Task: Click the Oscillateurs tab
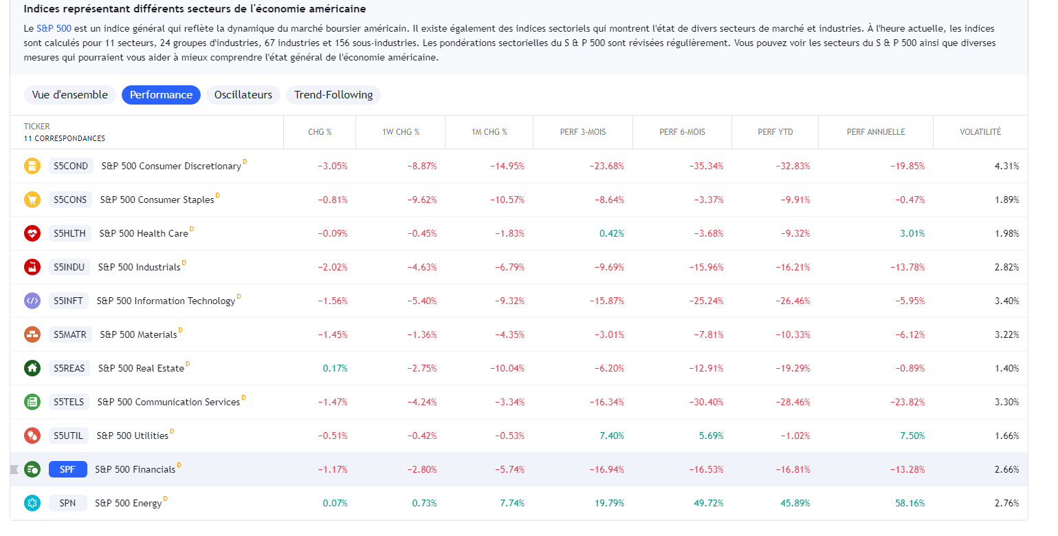click(x=243, y=95)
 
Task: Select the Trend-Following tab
click(x=333, y=95)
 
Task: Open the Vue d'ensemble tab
click(x=69, y=95)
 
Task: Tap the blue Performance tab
click(x=161, y=95)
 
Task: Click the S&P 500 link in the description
click(x=54, y=29)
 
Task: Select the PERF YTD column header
click(x=775, y=132)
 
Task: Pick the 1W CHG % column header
click(x=401, y=132)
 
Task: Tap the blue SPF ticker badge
click(x=67, y=469)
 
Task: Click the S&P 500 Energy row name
click(x=128, y=503)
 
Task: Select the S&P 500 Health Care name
click(x=143, y=233)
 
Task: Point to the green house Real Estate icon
click(x=32, y=368)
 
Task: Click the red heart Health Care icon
click(x=32, y=233)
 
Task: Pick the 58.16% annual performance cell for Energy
click(x=910, y=503)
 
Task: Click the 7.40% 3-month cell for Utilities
click(x=611, y=436)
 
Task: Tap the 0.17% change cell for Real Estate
click(x=335, y=368)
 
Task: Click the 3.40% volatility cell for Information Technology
click(x=1006, y=301)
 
